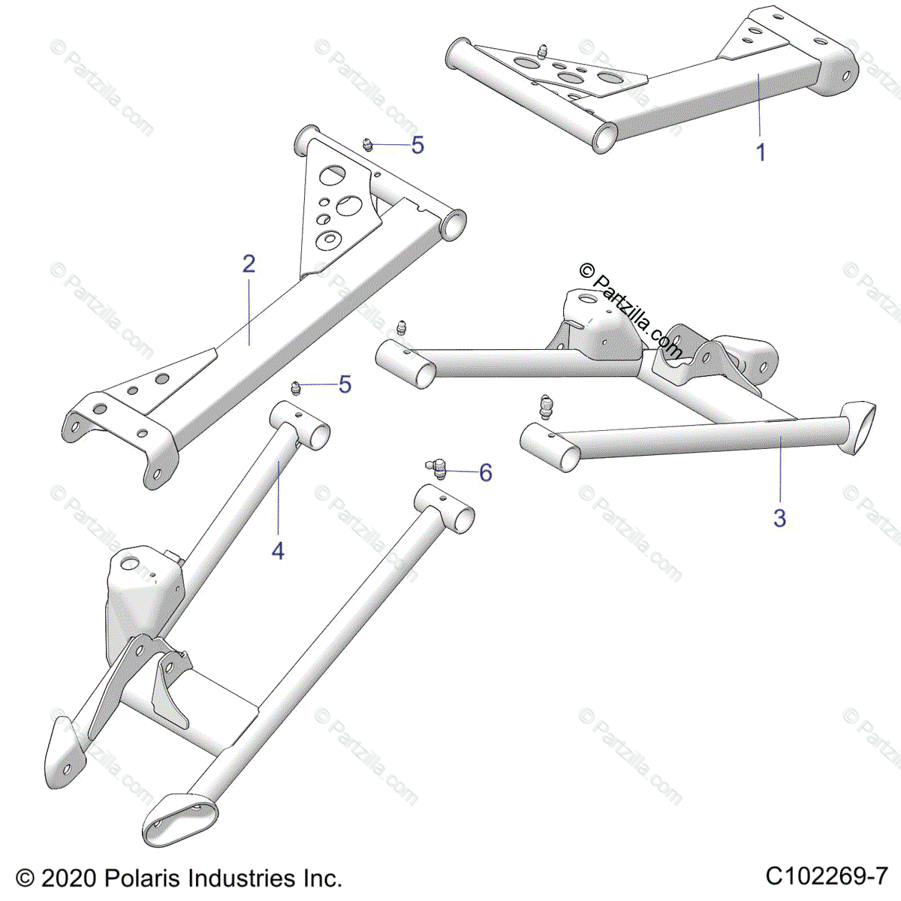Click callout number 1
click(761, 152)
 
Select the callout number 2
click(249, 264)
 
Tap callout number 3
click(779, 517)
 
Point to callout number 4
click(278, 551)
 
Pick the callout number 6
click(486, 473)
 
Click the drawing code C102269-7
click(827, 877)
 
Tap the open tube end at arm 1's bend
click(604, 137)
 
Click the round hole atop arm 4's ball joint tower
click(128, 563)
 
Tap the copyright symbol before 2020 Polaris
click(26, 878)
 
